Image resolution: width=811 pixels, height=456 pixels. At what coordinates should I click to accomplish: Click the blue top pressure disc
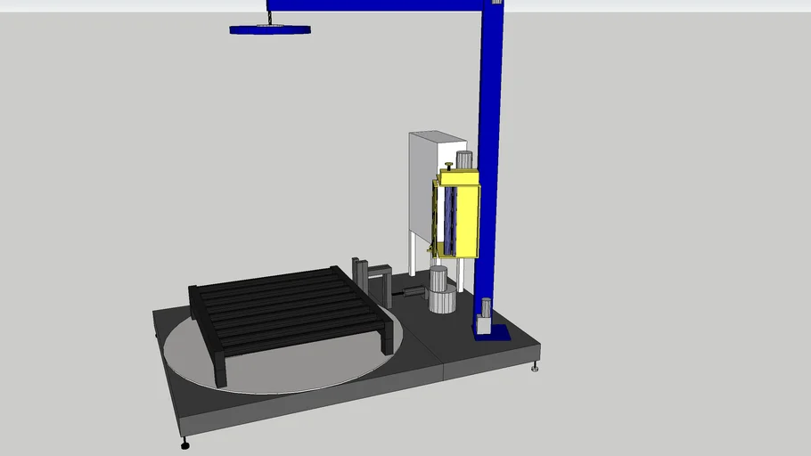click(x=270, y=29)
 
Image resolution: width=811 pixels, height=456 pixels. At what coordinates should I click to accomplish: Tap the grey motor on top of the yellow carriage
click(x=463, y=160)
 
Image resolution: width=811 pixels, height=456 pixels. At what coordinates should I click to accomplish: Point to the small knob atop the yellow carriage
click(x=447, y=166)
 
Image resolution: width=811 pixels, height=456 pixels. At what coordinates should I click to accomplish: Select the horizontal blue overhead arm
click(x=374, y=4)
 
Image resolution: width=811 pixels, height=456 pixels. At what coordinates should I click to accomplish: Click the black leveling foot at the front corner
click(x=184, y=443)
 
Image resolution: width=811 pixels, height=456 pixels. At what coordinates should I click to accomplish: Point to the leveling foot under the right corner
click(x=535, y=366)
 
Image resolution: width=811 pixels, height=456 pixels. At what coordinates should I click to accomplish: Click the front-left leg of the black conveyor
click(x=219, y=369)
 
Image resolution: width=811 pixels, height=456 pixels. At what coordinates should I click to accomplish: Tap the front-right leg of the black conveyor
click(x=388, y=340)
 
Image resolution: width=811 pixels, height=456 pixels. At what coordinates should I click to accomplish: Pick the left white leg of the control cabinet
click(x=411, y=254)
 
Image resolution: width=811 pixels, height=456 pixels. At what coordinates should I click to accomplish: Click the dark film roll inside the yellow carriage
click(x=450, y=218)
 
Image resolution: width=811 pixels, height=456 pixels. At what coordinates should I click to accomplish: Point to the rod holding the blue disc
click(x=268, y=14)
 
